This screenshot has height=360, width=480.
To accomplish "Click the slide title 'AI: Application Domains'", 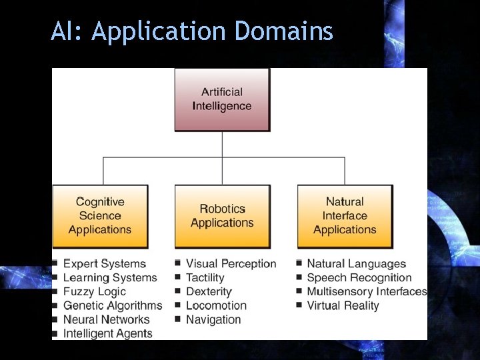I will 192,31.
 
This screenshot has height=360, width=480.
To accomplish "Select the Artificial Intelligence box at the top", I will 222,99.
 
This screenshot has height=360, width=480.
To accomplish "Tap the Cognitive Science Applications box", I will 100,215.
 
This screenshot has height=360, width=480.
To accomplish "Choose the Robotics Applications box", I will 222,216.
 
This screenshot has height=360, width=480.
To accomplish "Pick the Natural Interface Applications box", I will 345,215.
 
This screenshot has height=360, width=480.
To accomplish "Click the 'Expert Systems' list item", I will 105,264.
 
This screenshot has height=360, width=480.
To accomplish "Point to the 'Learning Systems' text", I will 110,278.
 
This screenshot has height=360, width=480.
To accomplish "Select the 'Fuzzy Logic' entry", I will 95,292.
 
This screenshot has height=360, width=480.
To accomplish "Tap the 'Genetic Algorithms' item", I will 113,306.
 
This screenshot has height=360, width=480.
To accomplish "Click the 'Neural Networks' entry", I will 107,320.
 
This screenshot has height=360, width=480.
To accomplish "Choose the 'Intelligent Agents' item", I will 108,334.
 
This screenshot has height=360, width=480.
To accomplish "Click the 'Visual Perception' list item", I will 231,264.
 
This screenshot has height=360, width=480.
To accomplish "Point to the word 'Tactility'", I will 205,278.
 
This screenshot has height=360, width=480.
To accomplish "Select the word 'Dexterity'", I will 209,292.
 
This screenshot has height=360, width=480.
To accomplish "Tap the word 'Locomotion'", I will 216,306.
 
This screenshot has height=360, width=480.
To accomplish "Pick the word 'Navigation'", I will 213,320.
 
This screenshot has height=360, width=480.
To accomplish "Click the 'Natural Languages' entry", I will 356,264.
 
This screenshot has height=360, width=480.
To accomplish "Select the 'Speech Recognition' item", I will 359,278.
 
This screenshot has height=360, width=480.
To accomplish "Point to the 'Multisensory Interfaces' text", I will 367,292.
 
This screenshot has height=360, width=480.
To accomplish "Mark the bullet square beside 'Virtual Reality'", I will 300,305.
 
